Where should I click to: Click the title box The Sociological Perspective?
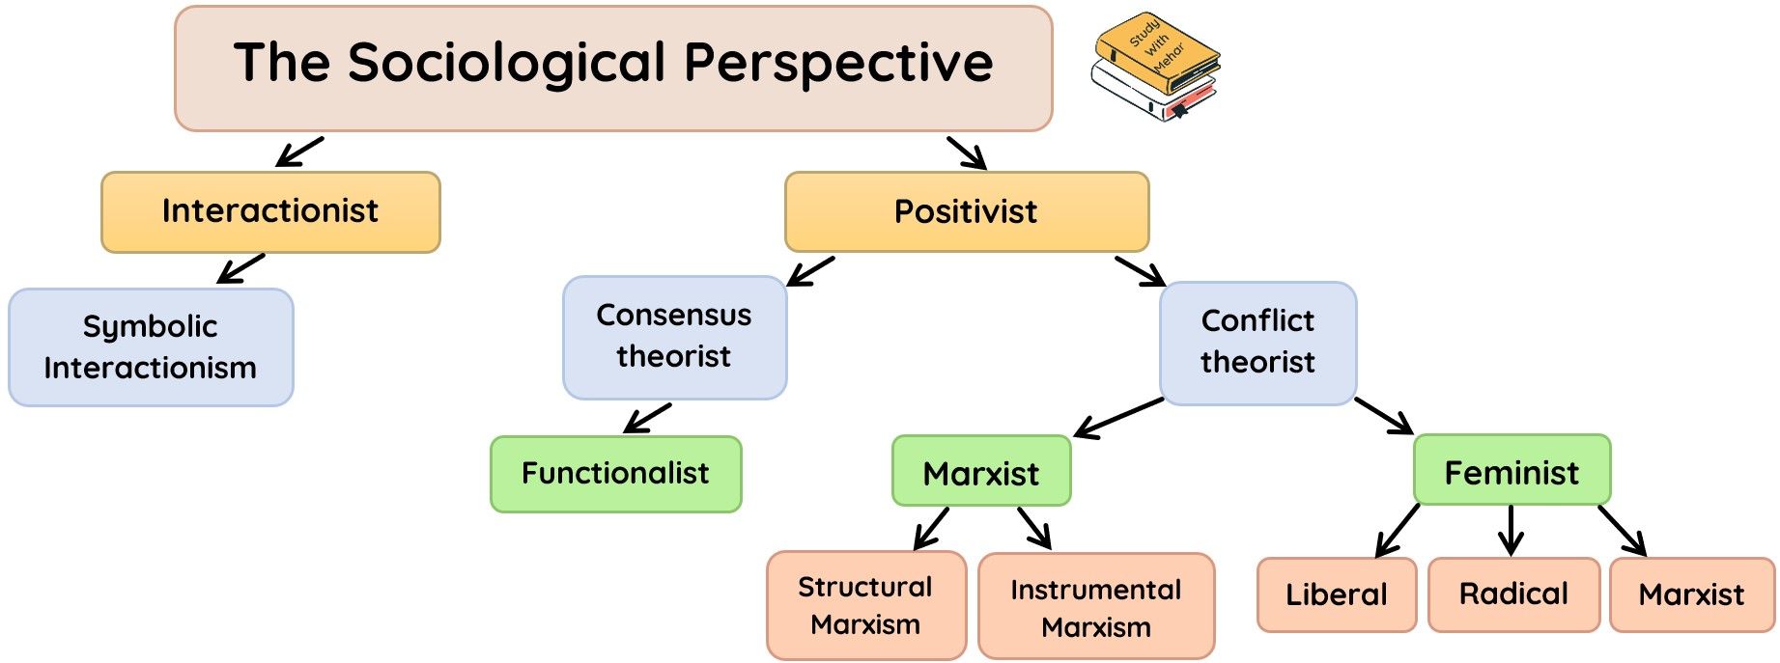click(612, 68)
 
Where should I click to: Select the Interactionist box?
click(270, 211)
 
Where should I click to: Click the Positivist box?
click(966, 211)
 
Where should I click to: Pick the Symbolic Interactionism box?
click(151, 346)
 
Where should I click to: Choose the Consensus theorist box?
click(674, 336)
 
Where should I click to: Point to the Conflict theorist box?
click(1257, 342)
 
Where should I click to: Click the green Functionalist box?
click(615, 473)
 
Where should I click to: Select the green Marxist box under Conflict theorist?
click(981, 472)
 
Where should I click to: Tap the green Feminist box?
click(1512, 471)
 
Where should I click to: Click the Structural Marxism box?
click(865, 605)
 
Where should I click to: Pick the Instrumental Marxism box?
click(1095, 607)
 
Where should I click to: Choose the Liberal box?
click(1336, 594)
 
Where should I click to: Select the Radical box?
click(1513, 594)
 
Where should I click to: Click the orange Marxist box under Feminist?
click(1691, 594)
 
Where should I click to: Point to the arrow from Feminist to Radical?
click(1512, 530)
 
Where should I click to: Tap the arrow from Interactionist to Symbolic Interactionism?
click(240, 268)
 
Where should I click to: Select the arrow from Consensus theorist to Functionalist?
click(648, 418)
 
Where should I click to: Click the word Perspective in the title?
click(838, 64)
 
